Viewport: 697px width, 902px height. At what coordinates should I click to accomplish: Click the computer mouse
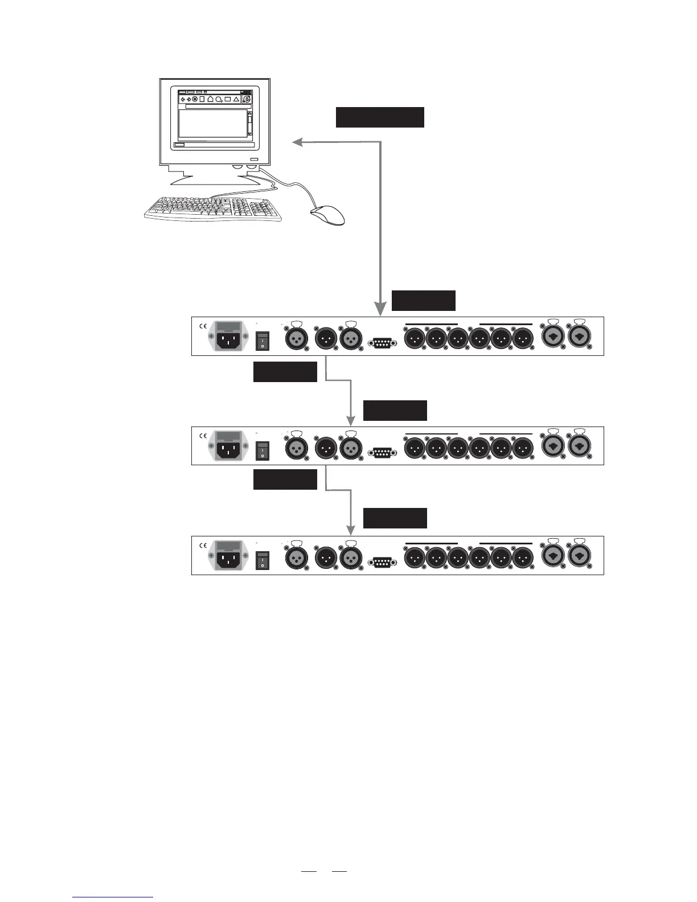tap(327, 216)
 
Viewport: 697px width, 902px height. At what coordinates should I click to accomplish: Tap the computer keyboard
tap(213, 209)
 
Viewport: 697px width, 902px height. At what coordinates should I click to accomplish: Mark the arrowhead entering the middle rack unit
tap(350, 421)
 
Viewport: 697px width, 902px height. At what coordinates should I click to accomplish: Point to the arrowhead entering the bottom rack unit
tap(350, 531)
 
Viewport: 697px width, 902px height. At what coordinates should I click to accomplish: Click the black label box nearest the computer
tap(380, 117)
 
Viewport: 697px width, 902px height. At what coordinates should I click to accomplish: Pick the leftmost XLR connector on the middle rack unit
tap(296, 448)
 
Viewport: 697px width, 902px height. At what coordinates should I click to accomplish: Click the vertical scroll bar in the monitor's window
tap(249, 123)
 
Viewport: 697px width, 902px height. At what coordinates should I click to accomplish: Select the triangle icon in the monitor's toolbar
tap(236, 99)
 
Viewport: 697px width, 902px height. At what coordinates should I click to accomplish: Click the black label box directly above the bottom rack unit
tap(395, 518)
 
